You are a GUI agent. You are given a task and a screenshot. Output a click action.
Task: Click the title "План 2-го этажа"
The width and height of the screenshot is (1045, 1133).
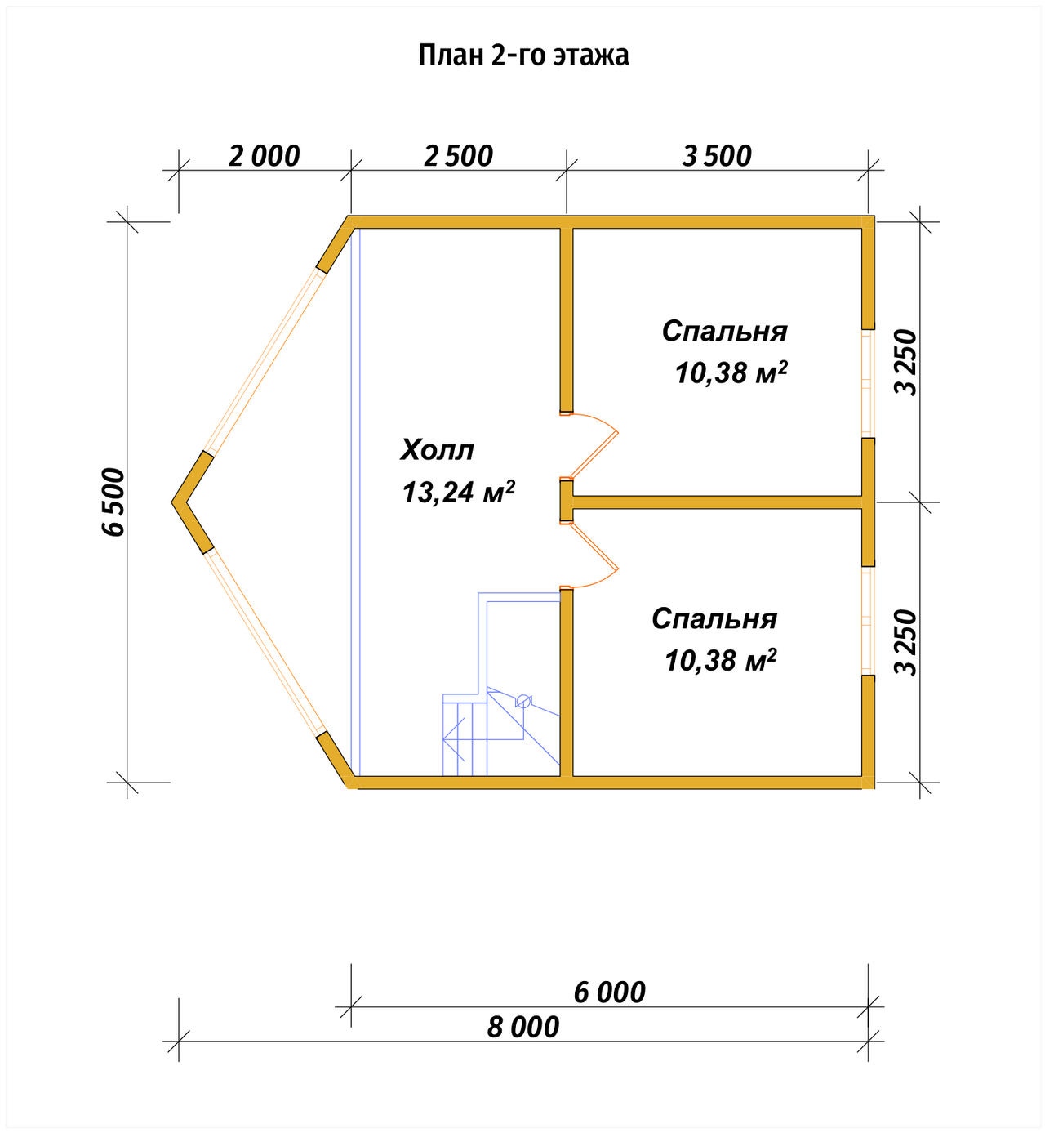(523, 56)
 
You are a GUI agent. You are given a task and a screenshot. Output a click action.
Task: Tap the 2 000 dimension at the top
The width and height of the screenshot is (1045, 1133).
(264, 156)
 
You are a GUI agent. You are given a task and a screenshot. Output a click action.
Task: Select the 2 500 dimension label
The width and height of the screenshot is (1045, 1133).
(458, 156)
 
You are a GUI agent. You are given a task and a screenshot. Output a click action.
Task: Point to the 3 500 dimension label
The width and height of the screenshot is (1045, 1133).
(717, 156)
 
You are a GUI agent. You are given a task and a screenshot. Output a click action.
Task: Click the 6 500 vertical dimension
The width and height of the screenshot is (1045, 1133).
(113, 502)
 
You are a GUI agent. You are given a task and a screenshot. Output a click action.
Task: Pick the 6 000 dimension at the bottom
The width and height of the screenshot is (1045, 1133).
(609, 992)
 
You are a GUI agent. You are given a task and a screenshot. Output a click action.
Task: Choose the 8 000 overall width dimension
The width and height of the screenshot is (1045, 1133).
(523, 1028)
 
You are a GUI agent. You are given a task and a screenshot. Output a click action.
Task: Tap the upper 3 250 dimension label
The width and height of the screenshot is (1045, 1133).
(905, 362)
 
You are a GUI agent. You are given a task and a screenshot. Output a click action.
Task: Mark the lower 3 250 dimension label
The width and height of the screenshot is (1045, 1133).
(905, 643)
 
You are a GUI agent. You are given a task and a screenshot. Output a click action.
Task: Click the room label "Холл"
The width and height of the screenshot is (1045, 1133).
(437, 450)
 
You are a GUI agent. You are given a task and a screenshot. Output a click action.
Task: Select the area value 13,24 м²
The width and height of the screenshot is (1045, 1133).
(459, 491)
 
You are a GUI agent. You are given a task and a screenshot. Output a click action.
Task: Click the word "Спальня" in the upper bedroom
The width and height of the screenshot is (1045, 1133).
(724, 331)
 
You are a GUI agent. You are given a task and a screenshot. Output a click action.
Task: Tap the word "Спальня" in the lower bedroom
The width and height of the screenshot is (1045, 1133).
(714, 618)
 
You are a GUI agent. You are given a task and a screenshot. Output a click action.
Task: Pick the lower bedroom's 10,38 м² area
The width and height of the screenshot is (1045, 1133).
(720, 660)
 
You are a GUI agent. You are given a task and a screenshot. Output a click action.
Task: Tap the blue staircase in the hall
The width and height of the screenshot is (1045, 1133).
(500, 684)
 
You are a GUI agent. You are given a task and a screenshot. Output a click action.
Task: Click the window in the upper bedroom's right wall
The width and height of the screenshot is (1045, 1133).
(868, 384)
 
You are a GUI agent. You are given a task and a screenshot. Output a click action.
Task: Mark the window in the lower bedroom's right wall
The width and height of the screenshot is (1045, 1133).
(868, 622)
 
